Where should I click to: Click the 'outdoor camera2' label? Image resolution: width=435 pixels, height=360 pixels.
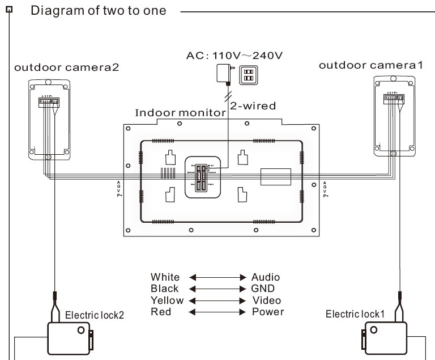(x=66, y=68)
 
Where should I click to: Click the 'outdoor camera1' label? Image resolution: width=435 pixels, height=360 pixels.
(x=371, y=65)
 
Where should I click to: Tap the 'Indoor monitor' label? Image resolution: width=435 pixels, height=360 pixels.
(x=181, y=112)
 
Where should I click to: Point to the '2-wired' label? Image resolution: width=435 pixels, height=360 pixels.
(x=253, y=105)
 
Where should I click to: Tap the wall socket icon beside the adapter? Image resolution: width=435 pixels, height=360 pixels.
(x=248, y=75)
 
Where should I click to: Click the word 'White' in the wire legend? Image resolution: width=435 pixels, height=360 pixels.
(x=165, y=277)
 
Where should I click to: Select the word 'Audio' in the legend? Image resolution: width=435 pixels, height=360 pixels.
(x=266, y=277)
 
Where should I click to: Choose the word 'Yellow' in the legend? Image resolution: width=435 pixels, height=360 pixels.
(x=167, y=300)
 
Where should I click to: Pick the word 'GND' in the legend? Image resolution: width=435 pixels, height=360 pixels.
(x=263, y=289)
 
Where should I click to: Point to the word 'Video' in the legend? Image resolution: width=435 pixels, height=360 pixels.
(x=266, y=300)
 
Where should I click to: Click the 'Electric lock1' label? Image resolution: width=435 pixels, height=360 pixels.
(x=355, y=314)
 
